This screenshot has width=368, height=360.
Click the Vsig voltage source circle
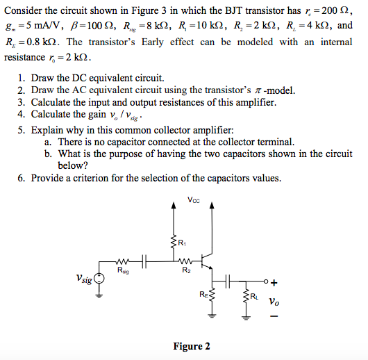[100, 280]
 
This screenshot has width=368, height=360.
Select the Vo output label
[275, 302]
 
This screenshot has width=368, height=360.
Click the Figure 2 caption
[192, 346]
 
